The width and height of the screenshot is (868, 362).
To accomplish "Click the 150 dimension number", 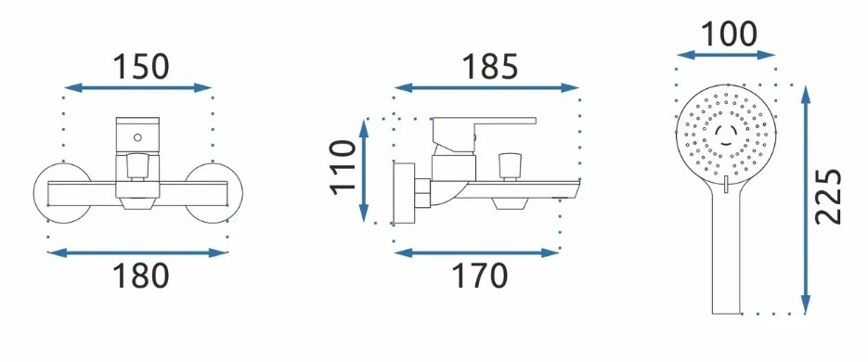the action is point(140,66).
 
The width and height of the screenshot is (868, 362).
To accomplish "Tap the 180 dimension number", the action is point(140,276).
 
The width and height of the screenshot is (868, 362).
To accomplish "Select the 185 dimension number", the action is point(490,66).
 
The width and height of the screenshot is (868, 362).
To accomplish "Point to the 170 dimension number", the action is point(479,276).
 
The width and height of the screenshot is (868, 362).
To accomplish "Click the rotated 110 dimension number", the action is point(343,167).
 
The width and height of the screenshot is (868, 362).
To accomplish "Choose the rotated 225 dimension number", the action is point(828,197).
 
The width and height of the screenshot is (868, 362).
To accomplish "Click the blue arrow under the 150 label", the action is point(138,87).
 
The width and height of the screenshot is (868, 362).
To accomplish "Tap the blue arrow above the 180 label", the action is point(137,253).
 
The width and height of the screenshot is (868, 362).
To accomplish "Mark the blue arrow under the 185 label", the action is point(486,87).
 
